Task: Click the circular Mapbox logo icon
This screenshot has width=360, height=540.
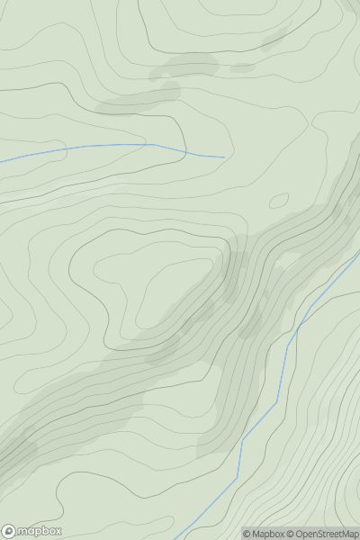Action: (x=9, y=532)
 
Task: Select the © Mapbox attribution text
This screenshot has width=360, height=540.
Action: (x=262, y=534)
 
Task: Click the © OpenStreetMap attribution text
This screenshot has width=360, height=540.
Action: (x=321, y=534)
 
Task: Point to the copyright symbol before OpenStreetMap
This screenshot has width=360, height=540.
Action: (x=291, y=534)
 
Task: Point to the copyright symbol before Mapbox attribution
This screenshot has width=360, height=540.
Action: (x=247, y=534)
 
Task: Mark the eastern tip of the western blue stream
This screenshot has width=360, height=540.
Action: (x=224, y=157)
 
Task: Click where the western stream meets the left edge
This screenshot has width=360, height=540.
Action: (x=1, y=161)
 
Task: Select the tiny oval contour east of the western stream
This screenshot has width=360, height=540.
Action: (x=279, y=200)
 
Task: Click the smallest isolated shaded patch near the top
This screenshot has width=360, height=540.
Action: (x=241, y=67)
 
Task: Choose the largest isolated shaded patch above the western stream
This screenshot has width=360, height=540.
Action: (x=184, y=65)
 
